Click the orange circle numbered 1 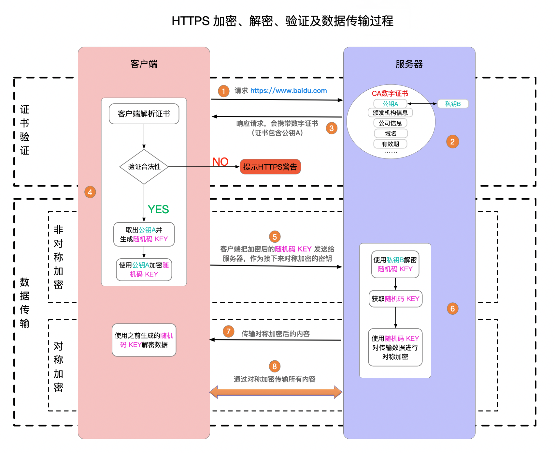tap(223, 91)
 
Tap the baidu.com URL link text tap(289, 91)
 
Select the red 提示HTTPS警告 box tap(270, 167)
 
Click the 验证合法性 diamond tap(144, 167)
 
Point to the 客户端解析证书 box tap(144, 114)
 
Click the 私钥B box tap(453, 104)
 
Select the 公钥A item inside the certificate tap(390, 104)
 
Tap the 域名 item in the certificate tap(391, 133)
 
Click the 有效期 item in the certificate tap(390, 144)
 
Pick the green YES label tap(158, 209)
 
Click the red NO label tap(221, 162)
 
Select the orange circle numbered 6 tap(452, 309)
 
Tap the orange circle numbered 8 tap(275, 366)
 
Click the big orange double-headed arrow tap(276, 392)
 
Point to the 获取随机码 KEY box tap(395, 299)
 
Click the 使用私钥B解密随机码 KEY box tap(395, 264)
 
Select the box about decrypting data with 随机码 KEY tap(144, 340)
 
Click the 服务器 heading tap(409, 64)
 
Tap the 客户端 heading tap(144, 64)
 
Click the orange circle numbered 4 tap(90, 192)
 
